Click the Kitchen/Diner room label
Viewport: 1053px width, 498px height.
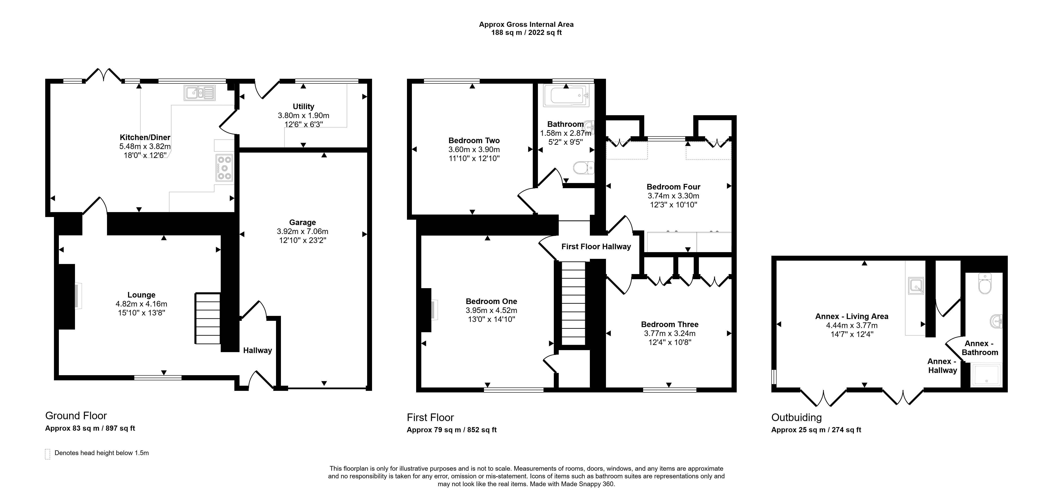pyautogui.click(x=145, y=138)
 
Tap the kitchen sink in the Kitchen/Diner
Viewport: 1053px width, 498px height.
pyautogui.click(x=199, y=93)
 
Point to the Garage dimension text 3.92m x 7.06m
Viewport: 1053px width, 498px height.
pyautogui.click(x=302, y=231)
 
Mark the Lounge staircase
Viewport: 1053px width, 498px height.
pyautogui.click(x=208, y=319)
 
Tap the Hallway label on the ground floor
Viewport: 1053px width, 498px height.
pyautogui.click(x=257, y=350)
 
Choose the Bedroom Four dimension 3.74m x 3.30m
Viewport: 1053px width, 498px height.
pyautogui.click(x=673, y=196)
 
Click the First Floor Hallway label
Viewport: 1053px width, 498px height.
pyautogui.click(x=596, y=246)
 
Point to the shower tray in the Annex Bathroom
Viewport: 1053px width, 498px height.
pyautogui.click(x=986, y=375)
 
